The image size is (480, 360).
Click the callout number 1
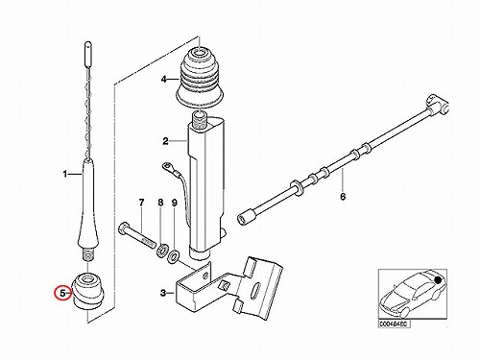click(65, 174)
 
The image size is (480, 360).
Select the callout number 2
click(165, 141)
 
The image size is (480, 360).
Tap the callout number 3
click(163, 293)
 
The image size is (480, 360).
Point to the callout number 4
click(164, 79)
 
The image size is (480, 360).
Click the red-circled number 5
click(62, 293)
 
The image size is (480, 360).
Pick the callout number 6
click(343, 196)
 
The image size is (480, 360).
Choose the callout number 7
click(141, 203)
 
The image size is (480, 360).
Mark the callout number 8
click(160, 203)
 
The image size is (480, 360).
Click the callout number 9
click(175, 203)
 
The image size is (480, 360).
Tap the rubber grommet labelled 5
click(88, 290)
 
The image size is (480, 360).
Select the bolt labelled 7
click(136, 235)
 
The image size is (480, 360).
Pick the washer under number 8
click(162, 251)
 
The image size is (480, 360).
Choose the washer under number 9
click(174, 255)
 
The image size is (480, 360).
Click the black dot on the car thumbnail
click(438, 280)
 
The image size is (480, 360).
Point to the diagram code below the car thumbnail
click(394, 324)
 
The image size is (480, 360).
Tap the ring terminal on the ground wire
click(167, 166)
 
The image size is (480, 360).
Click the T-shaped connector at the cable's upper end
click(437, 104)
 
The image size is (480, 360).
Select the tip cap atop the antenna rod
click(87, 53)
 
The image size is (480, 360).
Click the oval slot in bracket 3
click(256, 288)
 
